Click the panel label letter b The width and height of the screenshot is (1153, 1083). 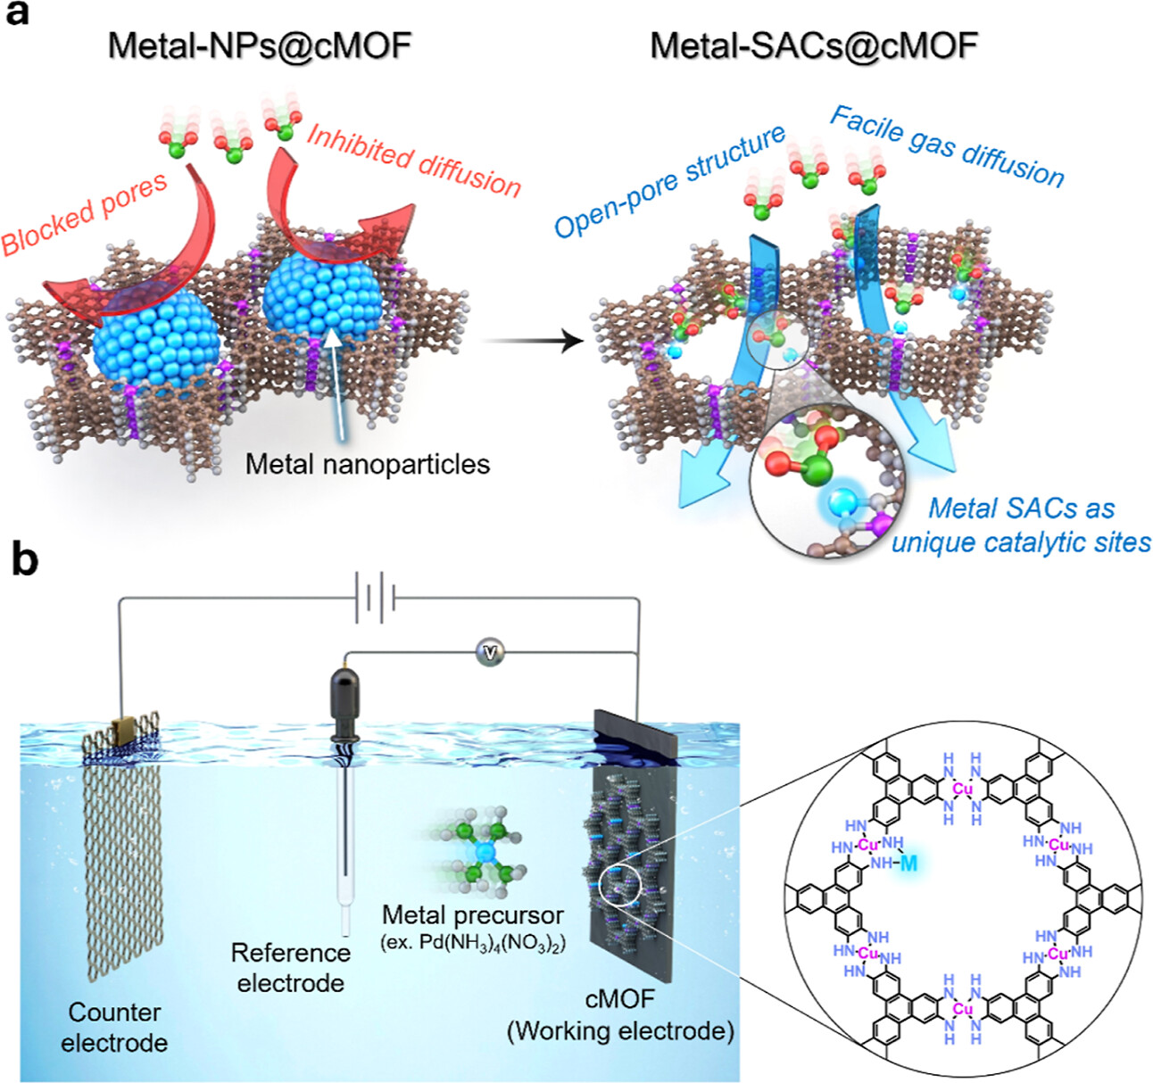tap(23, 561)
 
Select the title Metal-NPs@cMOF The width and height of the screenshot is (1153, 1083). tap(260, 45)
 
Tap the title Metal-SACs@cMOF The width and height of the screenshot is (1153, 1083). tap(813, 45)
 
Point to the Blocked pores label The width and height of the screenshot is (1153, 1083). tap(85, 213)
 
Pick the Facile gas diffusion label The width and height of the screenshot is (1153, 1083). tap(947, 146)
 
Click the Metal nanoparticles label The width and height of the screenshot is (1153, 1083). tap(368, 464)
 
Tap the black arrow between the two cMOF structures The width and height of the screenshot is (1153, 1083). tap(534, 340)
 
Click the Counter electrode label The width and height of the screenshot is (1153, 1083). tap(114, 1027)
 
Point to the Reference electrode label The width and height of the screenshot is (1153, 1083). tap(290, 968)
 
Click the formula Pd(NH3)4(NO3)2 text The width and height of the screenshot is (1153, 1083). tap(473, 943)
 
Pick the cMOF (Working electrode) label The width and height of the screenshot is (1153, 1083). tap(620, 1016)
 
